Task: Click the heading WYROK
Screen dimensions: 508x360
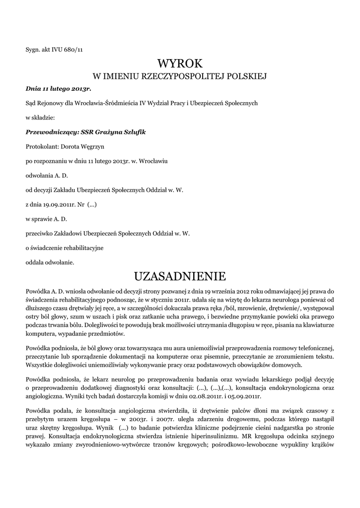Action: [180, 63]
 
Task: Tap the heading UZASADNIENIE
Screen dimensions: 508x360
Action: [180, 276]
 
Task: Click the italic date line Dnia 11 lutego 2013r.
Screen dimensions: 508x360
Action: [59, 88]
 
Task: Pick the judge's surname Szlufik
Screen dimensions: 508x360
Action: [133, 132]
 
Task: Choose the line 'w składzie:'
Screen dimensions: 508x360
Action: [40, 118]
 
